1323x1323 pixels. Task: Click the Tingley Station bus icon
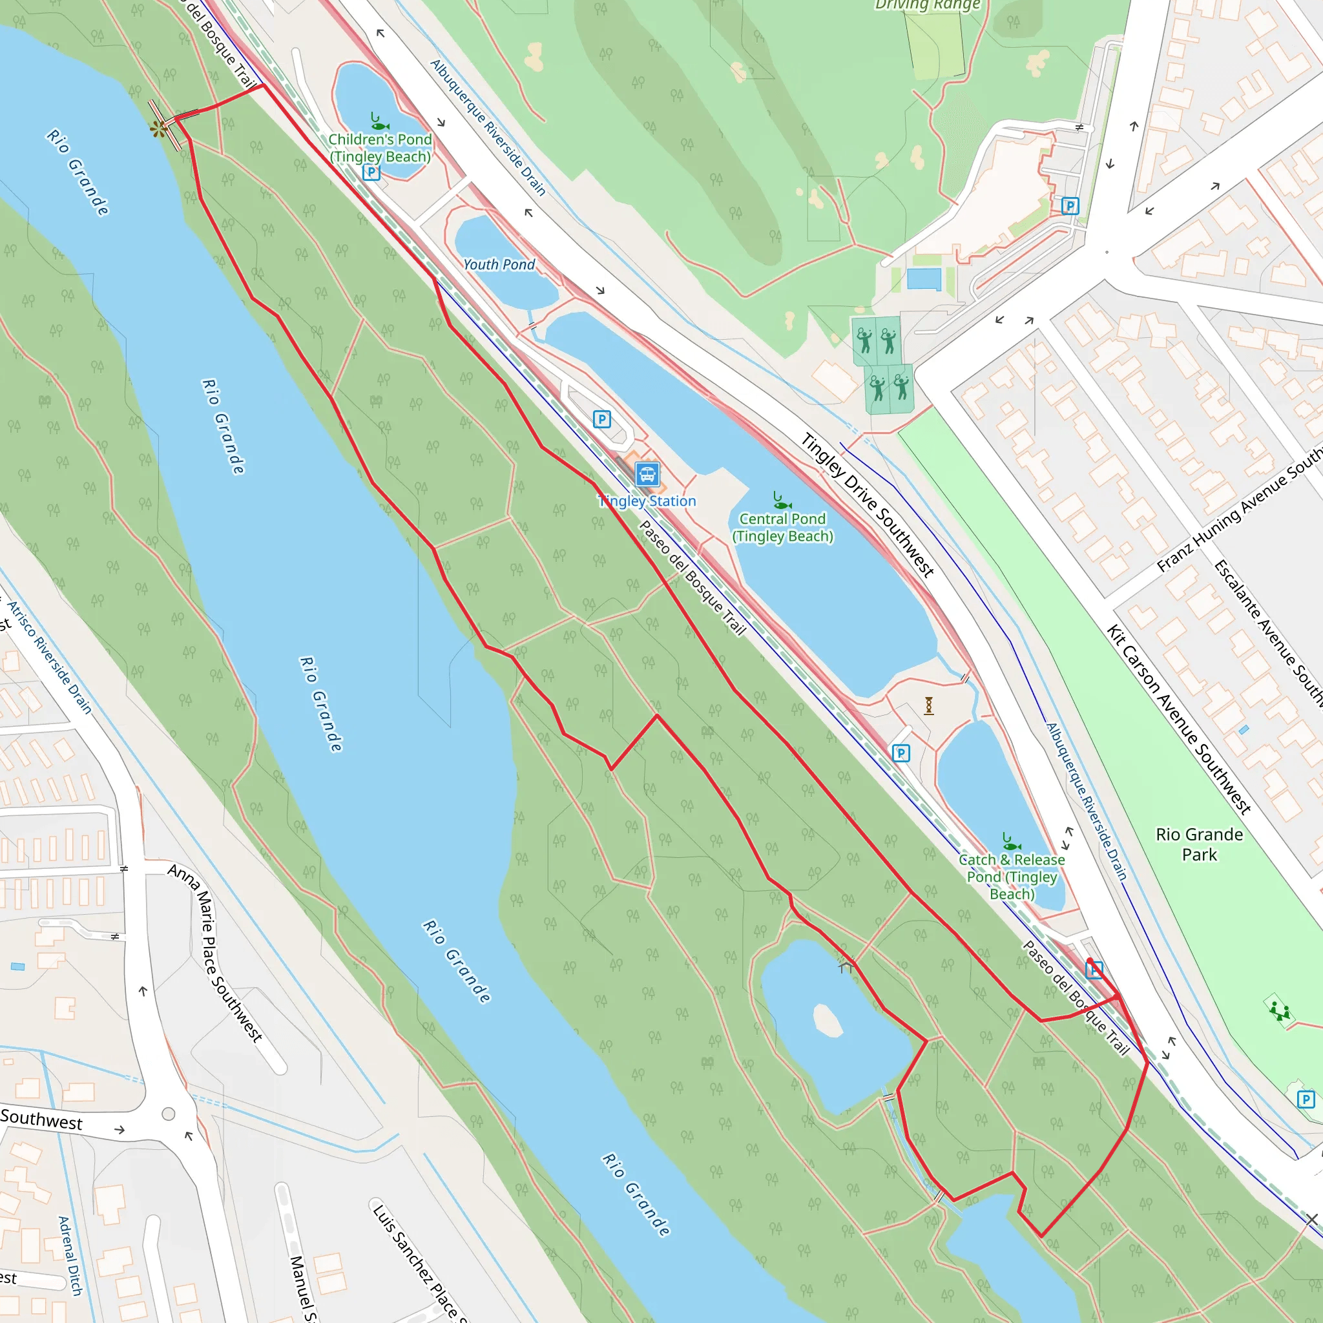click(x=647, y=474)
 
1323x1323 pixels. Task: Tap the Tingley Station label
click(x=648, y=501)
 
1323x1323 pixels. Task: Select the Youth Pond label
click(x=499, y=265)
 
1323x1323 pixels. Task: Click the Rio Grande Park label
click(x=1199, y=844)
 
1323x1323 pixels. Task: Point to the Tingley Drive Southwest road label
click(x=868, y=505)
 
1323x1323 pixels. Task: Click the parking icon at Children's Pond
click(x=371, y=172)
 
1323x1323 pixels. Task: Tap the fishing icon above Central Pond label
click(x=782, y=501)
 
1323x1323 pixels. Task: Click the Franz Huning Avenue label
click(x=1240, y=511)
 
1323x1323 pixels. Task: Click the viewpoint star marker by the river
click(x=159, y=128)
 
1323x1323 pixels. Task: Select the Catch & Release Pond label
click(x=1012, y=877)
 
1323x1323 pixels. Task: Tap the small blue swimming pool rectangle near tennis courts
click(x=924, y=279)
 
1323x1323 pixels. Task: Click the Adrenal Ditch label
click(x=70, y=1255)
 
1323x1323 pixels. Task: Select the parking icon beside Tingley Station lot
click(x=601, y=419)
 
